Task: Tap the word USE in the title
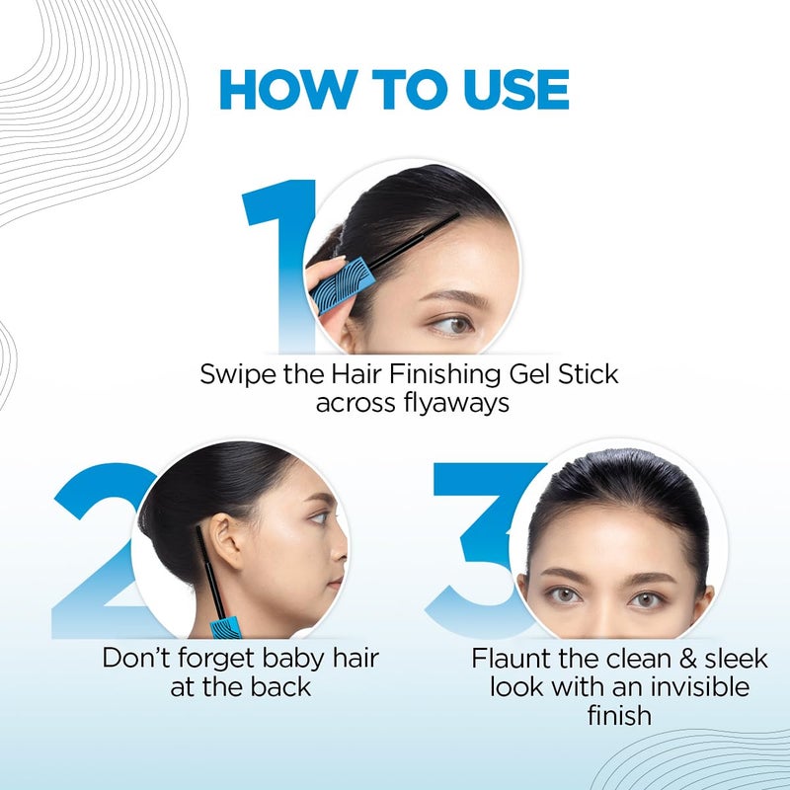tap(505, 91)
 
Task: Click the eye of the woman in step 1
tap(453, 324)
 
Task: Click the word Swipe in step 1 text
tap(234, 375)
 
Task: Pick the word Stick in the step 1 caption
tap(590, 375)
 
